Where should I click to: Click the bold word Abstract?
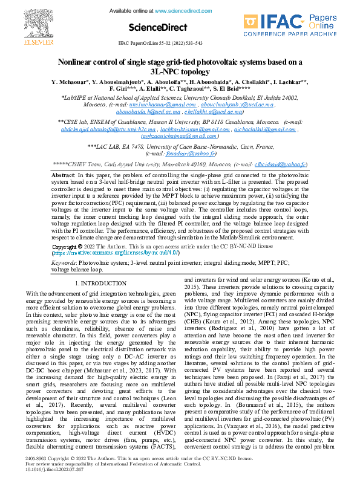click(x=63, y=175)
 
